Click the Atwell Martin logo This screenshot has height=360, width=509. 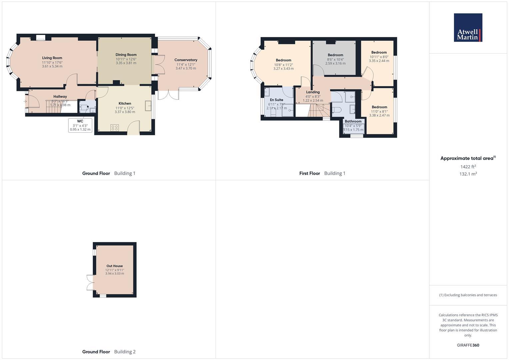click(468, 28)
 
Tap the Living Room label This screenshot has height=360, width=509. click(52, 58)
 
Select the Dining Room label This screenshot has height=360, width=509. click(126, 55)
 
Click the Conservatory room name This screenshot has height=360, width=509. click(186, 60)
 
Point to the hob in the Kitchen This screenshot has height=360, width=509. click(115, 128)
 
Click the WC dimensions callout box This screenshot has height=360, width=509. click(80, 125)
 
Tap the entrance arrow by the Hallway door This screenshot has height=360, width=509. click(25, 101)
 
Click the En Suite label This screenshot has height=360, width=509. click(276, 100)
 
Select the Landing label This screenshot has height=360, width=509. click(313, 92)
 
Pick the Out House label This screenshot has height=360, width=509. click(114, 266)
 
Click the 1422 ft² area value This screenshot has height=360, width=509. click(468, 167)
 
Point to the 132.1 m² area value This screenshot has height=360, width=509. click(468, 174)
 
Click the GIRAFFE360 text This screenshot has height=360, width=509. click(468, 345)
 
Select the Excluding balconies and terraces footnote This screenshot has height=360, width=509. click(468, 295)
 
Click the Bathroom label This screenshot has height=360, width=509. click(353, 121)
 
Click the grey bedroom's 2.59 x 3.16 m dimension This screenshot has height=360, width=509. click(335, 63)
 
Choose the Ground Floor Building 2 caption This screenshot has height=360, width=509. click(109, 352)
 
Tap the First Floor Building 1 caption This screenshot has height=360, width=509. click(322, 173)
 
